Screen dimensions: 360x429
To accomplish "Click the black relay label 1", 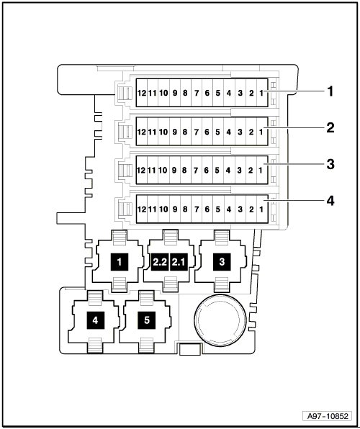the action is tap(120, 262).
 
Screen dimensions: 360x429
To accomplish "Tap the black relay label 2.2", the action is tap(160, 262).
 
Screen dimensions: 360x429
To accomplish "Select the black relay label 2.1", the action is tap(179, 262).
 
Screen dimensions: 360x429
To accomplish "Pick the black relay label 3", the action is tap(222, 262).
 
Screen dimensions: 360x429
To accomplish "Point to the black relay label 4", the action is tap(96, 320).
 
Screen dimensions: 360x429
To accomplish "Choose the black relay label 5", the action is tap(147, 320).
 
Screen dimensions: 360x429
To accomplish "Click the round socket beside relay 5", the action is tap(220, 320).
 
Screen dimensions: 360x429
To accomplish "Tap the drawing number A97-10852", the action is tap(328, 416).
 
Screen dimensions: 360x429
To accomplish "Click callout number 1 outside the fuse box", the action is tap(330, 91).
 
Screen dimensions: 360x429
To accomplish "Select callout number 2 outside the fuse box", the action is tap(330, 128).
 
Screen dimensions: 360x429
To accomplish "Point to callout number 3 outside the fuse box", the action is tap(330, 164).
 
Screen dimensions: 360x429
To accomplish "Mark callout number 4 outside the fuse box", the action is tap(330, 201).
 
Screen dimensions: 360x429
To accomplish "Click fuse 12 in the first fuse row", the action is tap(142, 93).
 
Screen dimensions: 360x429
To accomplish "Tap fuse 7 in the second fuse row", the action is tap(197, 132).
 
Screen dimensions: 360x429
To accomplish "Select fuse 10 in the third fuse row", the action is tap(163, 170).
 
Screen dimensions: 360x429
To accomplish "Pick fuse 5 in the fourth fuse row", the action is tap(218, 209).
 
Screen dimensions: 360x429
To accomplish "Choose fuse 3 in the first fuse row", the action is tap(240, 93).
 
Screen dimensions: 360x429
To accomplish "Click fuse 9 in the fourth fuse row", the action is tap(175, 209).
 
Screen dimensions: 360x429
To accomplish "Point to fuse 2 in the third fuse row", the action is tap(251, 170).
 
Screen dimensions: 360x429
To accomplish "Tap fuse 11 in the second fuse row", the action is tap(152, 132).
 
